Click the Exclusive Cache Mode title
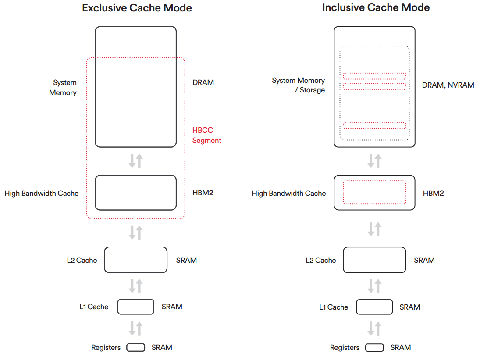click(137, 7)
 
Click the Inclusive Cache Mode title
click(376, 7)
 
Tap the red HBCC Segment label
click(206, 135)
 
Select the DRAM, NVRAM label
click(448, 85)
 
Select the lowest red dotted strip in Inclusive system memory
click(374, 123)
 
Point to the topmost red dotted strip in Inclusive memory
click(374, 73)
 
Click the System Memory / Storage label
click(298, 85)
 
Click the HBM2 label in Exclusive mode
click(203, 193)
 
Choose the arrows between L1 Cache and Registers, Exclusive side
click(135, 328)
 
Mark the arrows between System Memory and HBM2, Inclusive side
click(374, 161)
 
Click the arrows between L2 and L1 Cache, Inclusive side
click(374, 286)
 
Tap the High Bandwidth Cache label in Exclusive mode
click(41, 193)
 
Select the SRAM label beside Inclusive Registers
click(400, 347)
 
